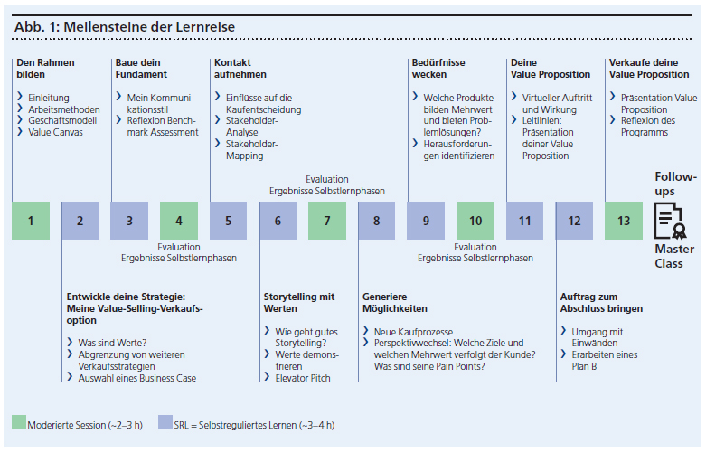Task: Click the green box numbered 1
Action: pos(31,221)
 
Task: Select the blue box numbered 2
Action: pos(80,221)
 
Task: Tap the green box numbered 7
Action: pos(327,221)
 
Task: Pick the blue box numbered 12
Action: pos(574,221)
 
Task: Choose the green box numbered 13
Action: pos(624,221)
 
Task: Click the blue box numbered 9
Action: pos(426,221)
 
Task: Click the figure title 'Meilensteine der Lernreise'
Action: pos(125,27)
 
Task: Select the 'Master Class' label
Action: pos(674,256)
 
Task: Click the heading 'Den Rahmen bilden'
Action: pos(45,69)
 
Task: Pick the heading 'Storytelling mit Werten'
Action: pos(299,303)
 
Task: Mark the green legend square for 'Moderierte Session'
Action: pos(19,422)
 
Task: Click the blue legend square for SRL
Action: pos(165,422)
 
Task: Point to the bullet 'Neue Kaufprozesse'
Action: pos(413,332)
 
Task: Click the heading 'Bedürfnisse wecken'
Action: pos(439,69)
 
